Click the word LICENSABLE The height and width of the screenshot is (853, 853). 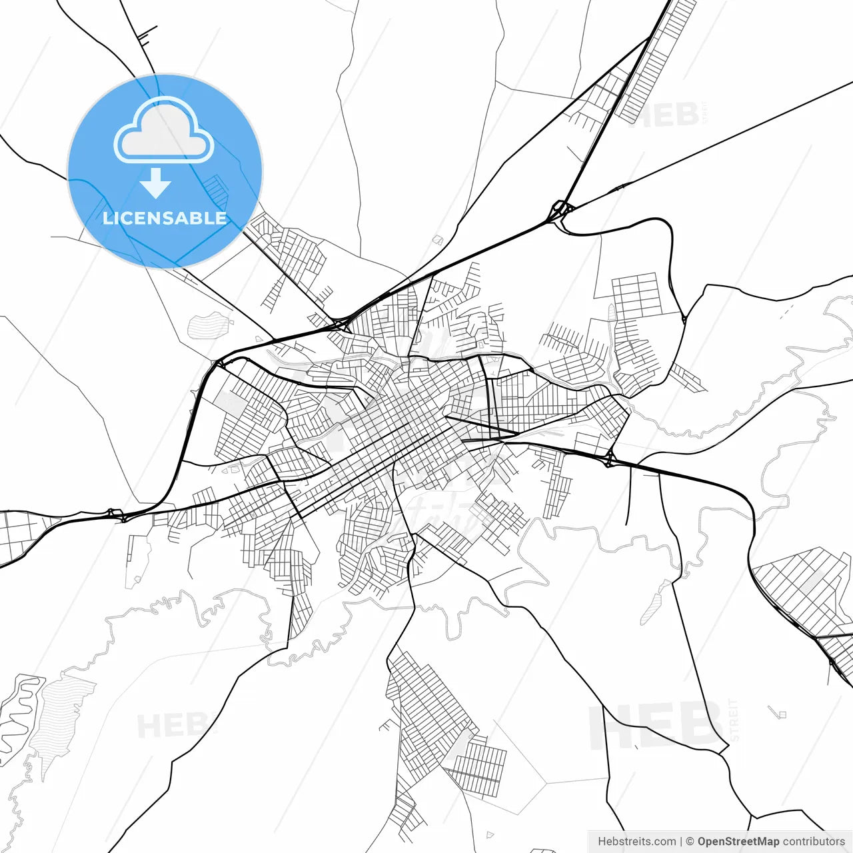point(165,218)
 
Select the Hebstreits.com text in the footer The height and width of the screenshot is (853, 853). point(636,842)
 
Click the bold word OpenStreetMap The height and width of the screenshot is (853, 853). point(738,842)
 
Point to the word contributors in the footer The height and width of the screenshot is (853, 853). point(814,842)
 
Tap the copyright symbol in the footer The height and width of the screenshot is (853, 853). point(690,842)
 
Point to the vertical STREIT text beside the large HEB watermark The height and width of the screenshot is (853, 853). point(735,720)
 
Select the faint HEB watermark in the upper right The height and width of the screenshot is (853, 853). point(666,115)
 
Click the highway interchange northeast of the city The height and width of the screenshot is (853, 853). point(560,210)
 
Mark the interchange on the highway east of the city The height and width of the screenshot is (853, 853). point(608,458)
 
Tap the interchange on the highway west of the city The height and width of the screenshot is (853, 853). point(115,514)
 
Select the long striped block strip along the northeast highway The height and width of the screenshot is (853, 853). point(656,60)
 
